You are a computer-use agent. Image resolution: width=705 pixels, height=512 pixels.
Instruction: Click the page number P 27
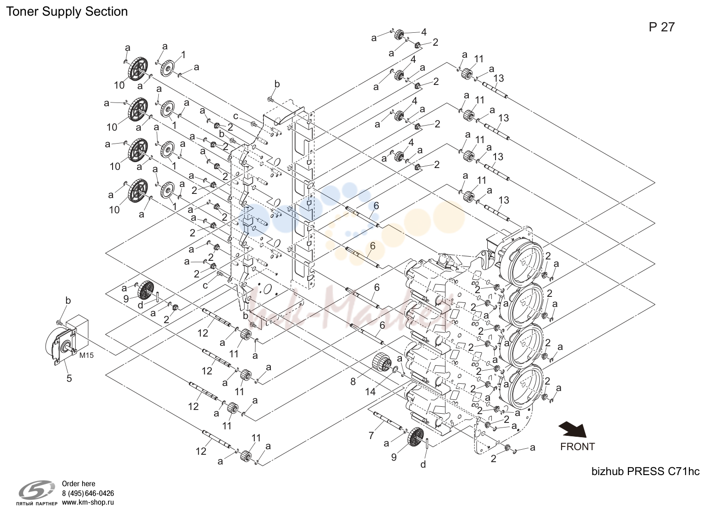click(x=662, y=27)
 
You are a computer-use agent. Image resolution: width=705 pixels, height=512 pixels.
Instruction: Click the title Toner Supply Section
click(x=67, y=12)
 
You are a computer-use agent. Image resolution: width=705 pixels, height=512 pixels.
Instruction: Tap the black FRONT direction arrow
click(x=573, y=429)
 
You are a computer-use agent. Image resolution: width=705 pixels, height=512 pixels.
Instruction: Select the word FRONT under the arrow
click(x=578, y=446)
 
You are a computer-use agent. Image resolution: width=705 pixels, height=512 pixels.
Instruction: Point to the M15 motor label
click(x=86, y=355)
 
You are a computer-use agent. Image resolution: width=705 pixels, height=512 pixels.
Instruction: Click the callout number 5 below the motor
click(x=69, y=378)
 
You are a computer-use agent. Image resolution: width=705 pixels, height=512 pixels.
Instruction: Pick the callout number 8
click(x=353, y=382)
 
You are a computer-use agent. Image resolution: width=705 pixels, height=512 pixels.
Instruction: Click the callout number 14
click(x=370, y=392)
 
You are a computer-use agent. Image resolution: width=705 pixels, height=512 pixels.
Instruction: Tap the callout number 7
click(x=371, y=436)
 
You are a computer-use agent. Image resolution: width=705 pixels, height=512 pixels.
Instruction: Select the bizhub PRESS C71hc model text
click(x=645, y=471)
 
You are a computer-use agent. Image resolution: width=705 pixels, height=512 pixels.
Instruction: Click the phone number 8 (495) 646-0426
click(x=88, y=494)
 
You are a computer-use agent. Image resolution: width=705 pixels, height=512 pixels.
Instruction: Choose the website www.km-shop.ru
click(x=88, y=502)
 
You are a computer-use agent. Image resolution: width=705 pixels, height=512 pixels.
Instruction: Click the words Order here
click(x=78, y=484)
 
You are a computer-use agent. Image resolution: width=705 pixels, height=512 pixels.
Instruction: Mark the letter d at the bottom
click(x=423, y=464)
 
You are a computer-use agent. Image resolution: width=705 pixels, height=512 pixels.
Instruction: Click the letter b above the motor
click(x=68, y=301)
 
